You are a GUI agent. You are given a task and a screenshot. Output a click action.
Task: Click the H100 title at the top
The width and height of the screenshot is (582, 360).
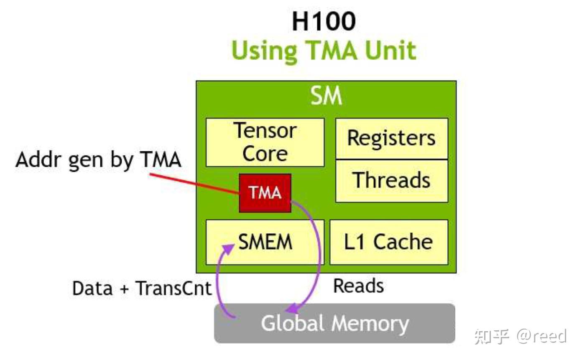pyautogui.click(x=324, y=21)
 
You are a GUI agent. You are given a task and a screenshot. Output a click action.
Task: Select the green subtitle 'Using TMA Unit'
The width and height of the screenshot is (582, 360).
pyautogui.click(x=324, y=51)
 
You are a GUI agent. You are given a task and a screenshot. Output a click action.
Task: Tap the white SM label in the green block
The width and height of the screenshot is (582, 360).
pyautogui.click(x=326, y=96)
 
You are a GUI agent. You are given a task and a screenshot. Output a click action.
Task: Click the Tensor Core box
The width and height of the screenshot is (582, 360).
pyautogui.click(x=265, y=142)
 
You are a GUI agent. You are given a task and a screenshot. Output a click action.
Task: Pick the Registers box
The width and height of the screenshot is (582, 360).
pyautogui.click(x=392, y=138)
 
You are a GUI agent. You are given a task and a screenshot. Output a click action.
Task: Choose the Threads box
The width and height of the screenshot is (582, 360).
pyautogui.click(x=392, y=181)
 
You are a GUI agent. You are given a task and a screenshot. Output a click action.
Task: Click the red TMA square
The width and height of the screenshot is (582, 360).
pyautogui.click(x=265, y=193)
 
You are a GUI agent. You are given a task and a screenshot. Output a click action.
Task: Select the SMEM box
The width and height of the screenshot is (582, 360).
pyautogui.click(x=265, y=242)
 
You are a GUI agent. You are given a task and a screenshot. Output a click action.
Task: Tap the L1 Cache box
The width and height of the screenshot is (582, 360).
pyautogui.click(x=389, y=242)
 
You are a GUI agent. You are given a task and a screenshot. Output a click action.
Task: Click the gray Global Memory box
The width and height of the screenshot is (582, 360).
pyautogui.click(x=334, y=323)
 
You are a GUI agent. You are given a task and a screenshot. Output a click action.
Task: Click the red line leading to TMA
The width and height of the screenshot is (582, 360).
pyautogui.click(x=194, y=184)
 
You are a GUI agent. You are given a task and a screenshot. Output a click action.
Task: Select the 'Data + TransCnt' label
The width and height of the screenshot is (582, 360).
pyautogui.click(x=142, y=289)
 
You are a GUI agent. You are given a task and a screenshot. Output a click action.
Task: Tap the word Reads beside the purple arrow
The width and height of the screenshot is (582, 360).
pyautogui.click(x=359, y=286)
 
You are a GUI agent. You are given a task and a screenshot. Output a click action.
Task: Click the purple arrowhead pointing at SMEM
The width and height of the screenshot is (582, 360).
pyautogui.click(x=228, y=249)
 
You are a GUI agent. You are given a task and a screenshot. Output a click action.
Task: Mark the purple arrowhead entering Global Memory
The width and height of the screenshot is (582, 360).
pyautogui.click(x=293, y=308)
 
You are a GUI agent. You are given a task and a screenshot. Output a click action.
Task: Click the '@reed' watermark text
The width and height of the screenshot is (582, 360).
pyautogui.click(x=541, y=336)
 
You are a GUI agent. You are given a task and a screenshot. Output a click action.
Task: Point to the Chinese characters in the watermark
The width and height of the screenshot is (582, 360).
pyautogui.click(x=492, y=337)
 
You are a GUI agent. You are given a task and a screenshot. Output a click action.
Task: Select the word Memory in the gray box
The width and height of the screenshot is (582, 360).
pyautogui.click(x=370, y=324)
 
